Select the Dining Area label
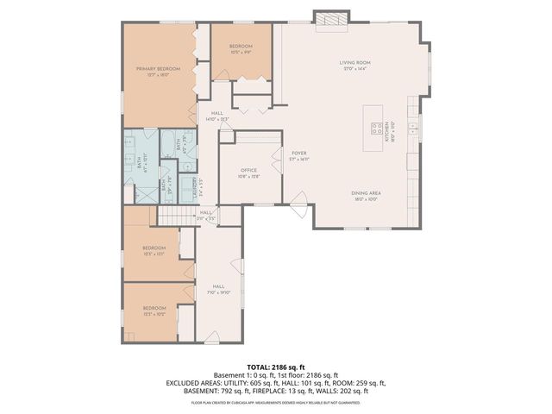366,195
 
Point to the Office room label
249,172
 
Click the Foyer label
298,155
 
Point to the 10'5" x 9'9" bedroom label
241,49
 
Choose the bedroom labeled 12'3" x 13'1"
154,251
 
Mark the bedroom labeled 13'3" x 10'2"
154,310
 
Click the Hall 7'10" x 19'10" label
218,288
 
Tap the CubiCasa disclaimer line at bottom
276,402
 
